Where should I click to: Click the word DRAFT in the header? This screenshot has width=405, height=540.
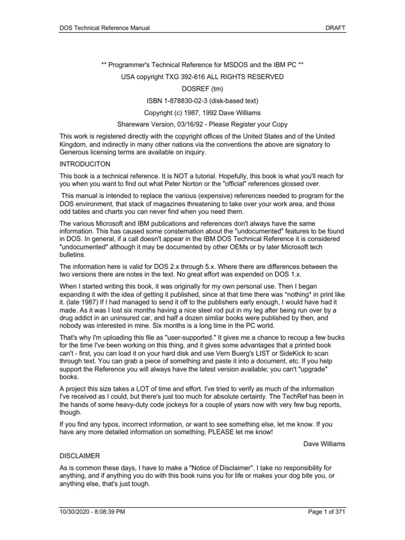tap(335, 27)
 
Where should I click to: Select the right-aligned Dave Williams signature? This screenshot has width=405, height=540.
tap(324, 443)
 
